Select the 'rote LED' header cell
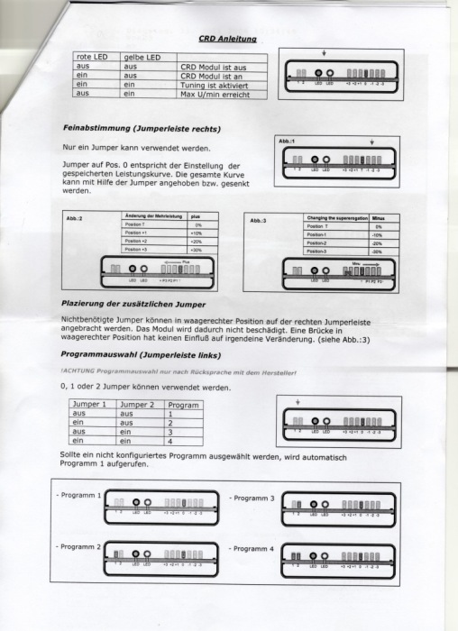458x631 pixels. coord(93,58)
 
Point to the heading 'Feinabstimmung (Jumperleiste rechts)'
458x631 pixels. coord(142,128)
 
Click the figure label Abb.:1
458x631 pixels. coord(286,142)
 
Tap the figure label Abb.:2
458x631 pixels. coord(75,219)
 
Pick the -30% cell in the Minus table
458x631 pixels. coord(378,251)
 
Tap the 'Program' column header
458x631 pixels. coord(184,405)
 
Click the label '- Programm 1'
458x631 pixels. coord(79,496)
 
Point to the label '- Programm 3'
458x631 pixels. coord(253,498)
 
